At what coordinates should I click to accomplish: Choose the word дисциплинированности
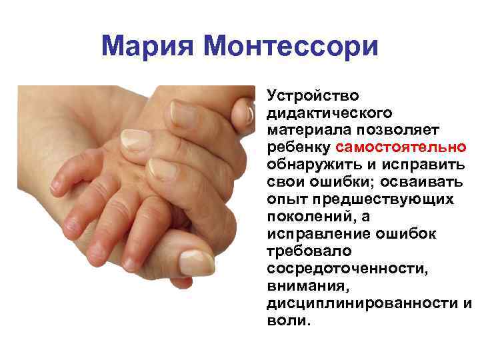362,303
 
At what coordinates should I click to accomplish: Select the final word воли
288,320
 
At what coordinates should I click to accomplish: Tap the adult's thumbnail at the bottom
197,262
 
